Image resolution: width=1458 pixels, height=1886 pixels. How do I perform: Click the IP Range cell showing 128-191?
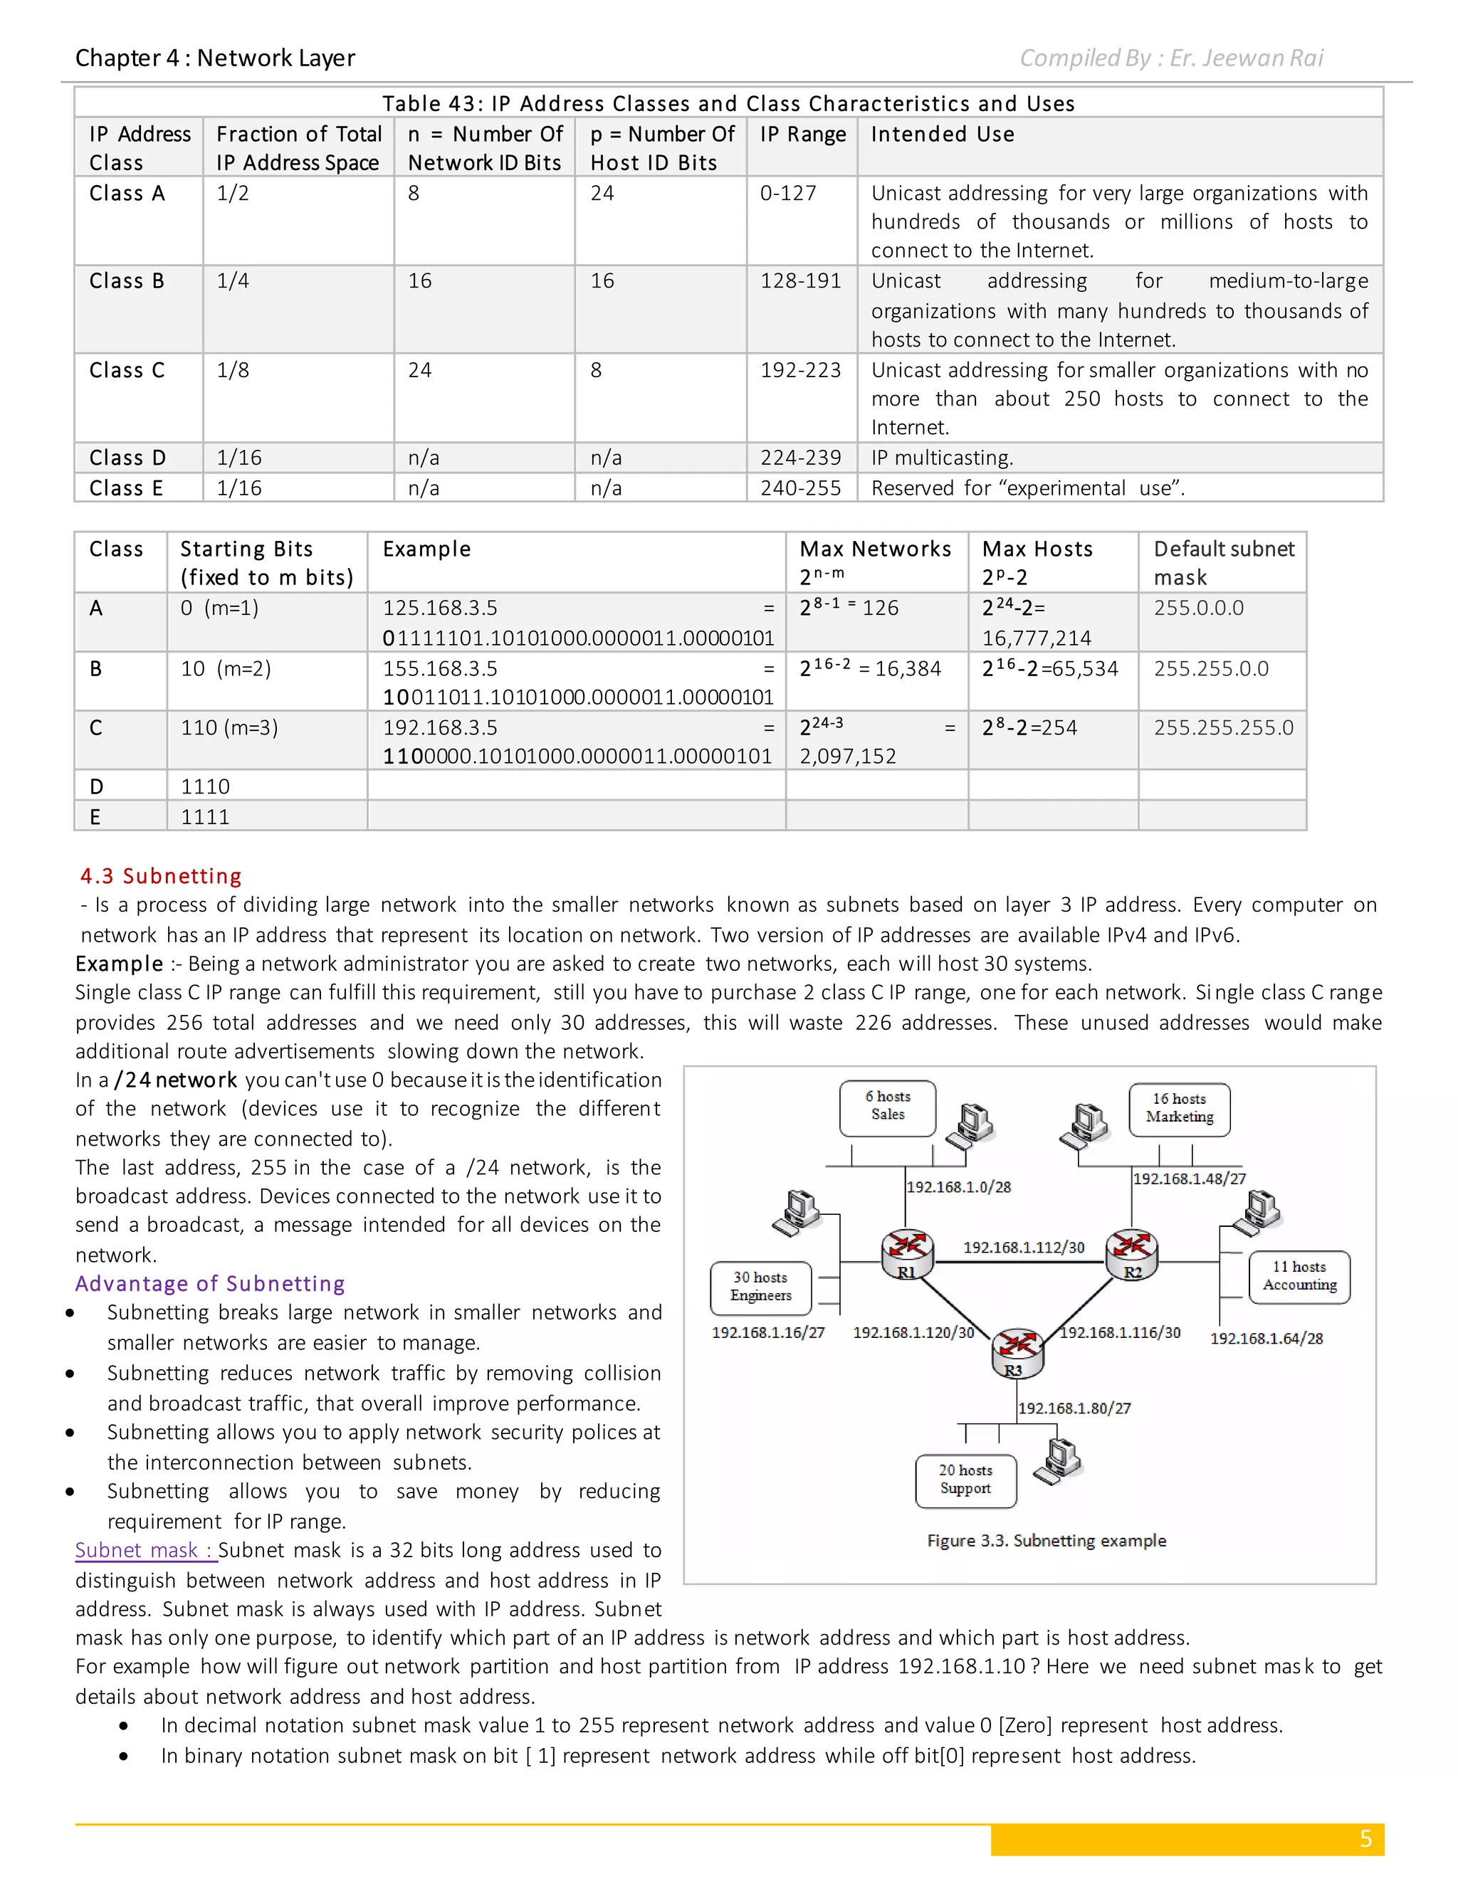click(x=799, y=280)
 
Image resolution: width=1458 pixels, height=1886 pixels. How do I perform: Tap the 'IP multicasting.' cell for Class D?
click(x=941, y=458)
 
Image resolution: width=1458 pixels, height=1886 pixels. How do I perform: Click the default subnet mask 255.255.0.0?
click(x=1211, y=668)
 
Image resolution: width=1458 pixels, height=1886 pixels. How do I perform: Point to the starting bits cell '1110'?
click(x=206, y=786)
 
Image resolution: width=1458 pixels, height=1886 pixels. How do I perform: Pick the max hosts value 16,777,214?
click(x=1037, y=638)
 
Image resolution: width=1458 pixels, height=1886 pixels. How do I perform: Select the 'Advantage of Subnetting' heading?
click(x=210, y=1283)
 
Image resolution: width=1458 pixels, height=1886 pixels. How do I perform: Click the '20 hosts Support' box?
click(x=965, y=1480)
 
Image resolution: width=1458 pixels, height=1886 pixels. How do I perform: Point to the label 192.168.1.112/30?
click(x=1024, y=1247)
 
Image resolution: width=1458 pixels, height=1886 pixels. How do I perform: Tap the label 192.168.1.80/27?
click(x=1074, y=1408)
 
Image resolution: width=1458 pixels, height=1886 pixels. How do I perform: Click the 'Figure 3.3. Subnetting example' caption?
click(x=1046, y=1541)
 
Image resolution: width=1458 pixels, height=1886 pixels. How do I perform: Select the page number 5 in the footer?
click(x=1365, y=1838)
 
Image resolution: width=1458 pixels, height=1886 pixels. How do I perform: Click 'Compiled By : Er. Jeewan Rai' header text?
click(x=1170, y=58)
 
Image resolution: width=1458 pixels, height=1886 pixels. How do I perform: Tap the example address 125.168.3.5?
click(x=440, y=608)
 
